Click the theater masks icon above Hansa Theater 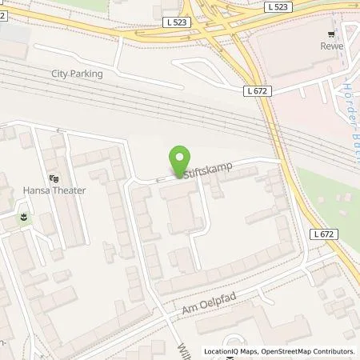coord(54,178)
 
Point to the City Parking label coord(77,74)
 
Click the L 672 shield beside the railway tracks coord(257,91)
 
